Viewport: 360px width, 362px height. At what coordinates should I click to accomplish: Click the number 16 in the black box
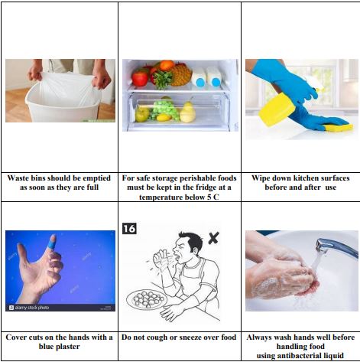pos(129,228)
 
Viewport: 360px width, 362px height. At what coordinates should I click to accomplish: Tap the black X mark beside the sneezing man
pos(213,238)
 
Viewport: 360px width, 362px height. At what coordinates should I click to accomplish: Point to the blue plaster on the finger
pos(52,242)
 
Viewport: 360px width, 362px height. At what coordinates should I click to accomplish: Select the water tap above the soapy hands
pos(336,247)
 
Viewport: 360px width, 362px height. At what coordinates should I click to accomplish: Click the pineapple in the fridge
pos(180,74)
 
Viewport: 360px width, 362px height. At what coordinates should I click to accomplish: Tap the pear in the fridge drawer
pos(188,113)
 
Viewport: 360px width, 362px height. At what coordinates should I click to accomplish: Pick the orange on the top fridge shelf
pos(167,65)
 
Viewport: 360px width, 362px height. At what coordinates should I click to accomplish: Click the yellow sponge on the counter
pos(339,127)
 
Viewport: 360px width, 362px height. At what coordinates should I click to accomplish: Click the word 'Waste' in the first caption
pos(18,178)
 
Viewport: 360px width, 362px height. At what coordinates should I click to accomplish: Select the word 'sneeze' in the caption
pos(199,338)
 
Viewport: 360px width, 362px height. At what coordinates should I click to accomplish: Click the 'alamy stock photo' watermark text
pos(32,308)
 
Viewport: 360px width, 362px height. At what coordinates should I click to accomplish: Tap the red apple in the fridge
pos(140,78)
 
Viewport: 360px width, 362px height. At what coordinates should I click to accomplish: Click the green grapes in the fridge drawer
pos(164,109)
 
